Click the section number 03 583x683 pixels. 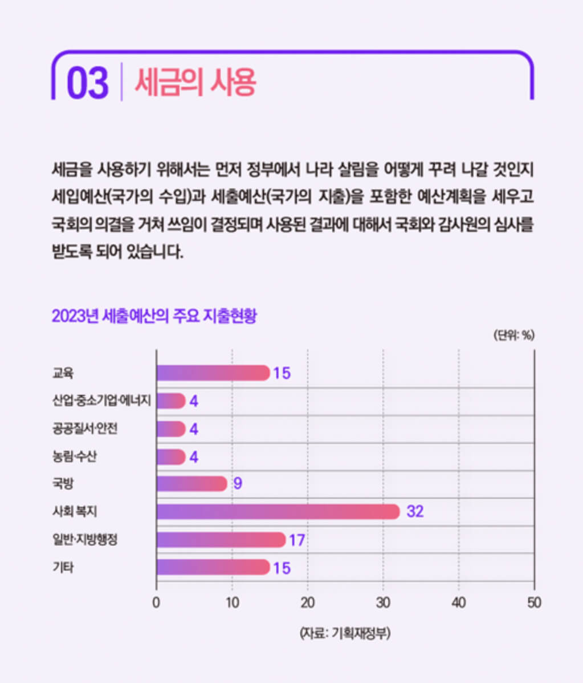(87, 83)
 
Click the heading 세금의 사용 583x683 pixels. (195, 83)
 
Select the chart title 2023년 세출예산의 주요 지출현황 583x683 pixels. (154, 316)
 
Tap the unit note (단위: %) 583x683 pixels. (513, 336)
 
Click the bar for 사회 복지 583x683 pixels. (278, 512)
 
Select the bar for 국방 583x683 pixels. (192, 484)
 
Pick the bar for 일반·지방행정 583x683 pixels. (221, 539)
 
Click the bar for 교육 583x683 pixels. (213, 373)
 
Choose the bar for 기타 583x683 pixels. (213, 567)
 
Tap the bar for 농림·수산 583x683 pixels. (171, 456)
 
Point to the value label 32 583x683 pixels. (415, 512)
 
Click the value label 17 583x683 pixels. (297, 540)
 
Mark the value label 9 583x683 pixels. (238, 484)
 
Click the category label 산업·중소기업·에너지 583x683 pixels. (101, 401)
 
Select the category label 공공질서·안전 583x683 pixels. (85, 429)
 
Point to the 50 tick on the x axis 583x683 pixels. (534, 603)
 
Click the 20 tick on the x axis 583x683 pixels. (308, 603)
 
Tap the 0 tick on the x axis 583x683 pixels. (157, 603)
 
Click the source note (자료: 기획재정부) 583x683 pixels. (345, 633)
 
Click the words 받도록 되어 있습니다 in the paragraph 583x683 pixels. (117, 252)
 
